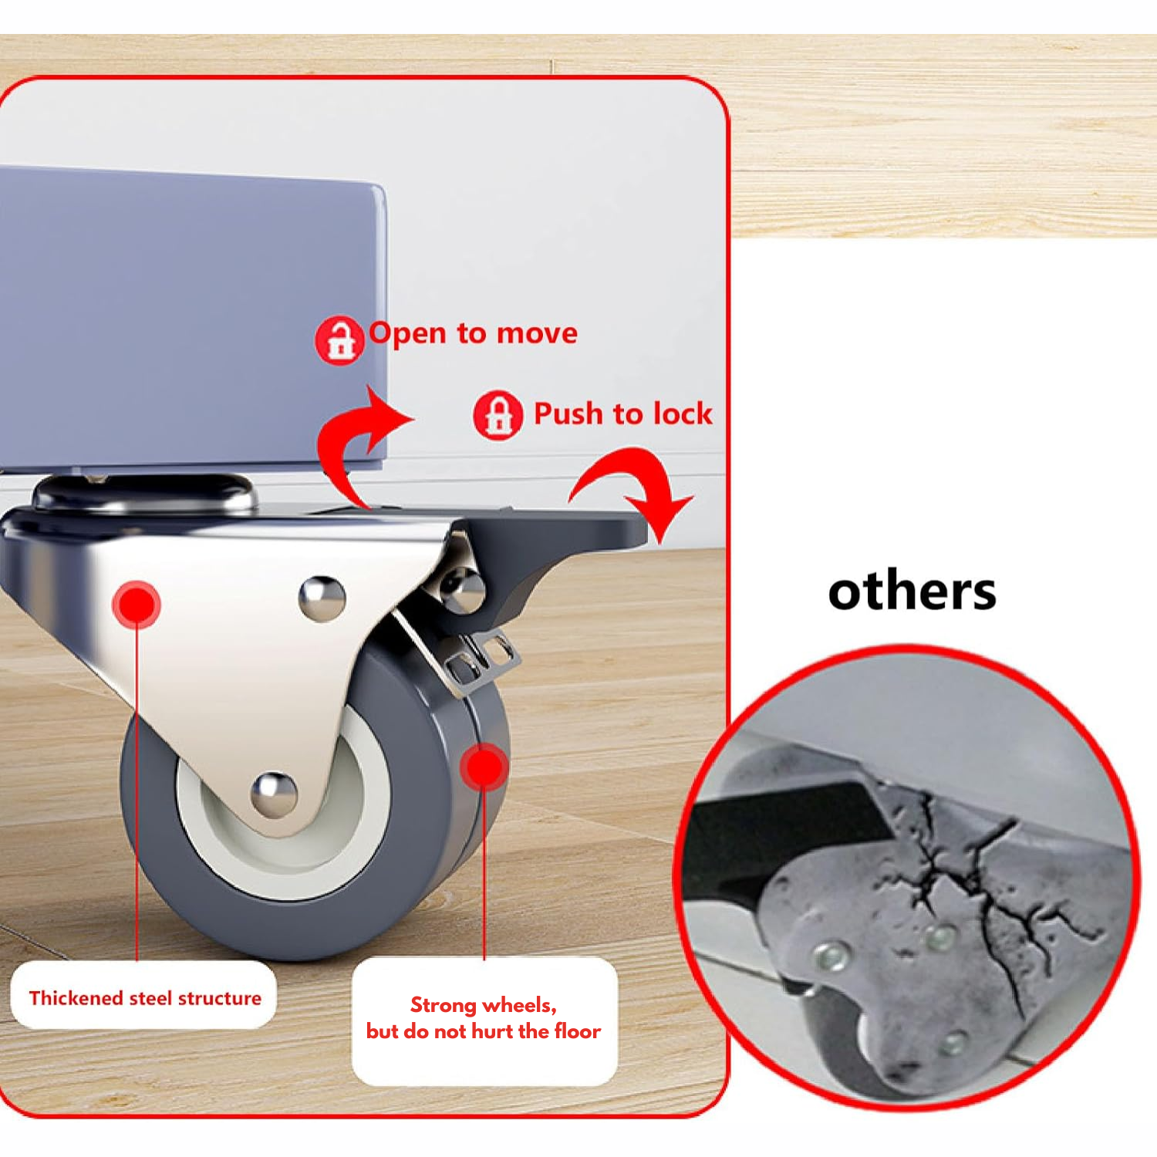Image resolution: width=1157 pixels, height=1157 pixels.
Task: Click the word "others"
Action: tap(912, 592)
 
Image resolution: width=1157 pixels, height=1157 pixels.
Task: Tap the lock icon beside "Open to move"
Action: tap(339, 340)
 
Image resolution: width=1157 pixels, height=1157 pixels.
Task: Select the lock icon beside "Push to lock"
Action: tap(498, 415)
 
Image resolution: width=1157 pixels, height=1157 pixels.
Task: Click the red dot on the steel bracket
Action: tap(137, 604)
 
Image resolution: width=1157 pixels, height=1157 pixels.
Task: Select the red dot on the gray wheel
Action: tap(484, 767)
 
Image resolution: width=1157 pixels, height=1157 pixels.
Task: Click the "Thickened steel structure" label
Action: tap(144, 998)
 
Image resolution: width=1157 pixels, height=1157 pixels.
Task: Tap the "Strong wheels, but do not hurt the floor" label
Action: tap(484, 1018)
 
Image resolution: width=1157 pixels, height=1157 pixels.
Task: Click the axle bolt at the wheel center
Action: tap(274, 794)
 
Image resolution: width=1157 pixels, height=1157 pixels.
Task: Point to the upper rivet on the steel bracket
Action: tap(322, 598)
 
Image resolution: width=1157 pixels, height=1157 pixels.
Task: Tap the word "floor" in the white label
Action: tap(577, 1031)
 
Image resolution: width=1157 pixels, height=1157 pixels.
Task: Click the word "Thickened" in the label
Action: tap(76, 998)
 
